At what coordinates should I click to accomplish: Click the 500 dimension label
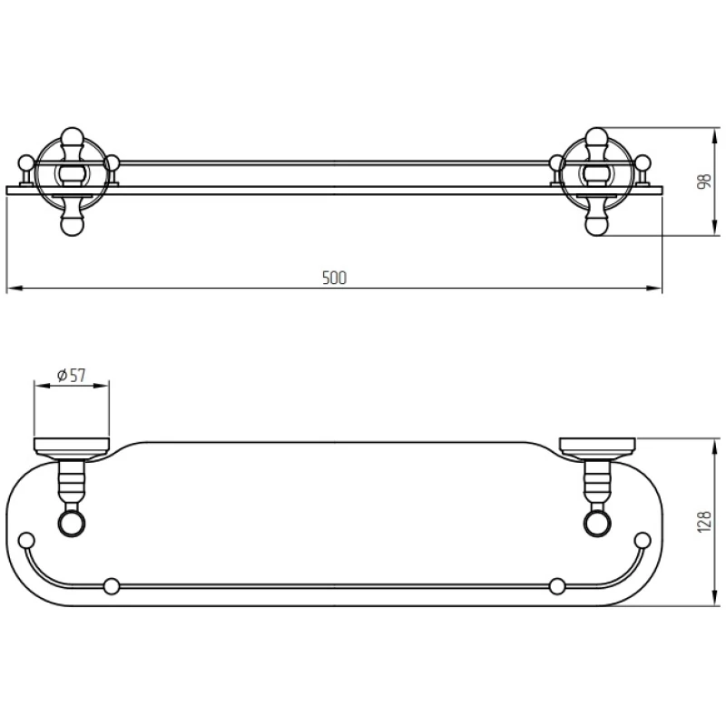pos(334,278)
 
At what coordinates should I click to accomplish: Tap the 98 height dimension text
pos(704,181)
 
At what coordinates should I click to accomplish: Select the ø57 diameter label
pos(72,375)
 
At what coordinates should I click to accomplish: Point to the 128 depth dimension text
pos(704,521)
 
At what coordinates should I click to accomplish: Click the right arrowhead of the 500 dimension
pos(654,289)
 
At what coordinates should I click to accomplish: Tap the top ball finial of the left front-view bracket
pos(73,137)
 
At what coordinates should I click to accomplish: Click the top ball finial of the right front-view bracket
pos(596,137)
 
